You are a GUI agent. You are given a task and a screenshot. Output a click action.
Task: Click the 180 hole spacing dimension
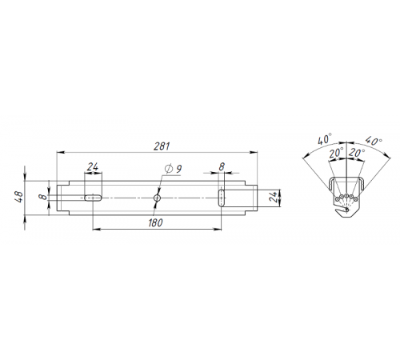pyautogui.click(x=157, y=223)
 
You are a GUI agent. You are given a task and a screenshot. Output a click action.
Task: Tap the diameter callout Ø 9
pyautogui.click(x=173, y=168)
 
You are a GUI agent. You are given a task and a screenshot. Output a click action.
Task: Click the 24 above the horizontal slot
pyautogui.click(x=92, y=168)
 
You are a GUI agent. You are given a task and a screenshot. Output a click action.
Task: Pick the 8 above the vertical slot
pyautogui.click(x=222, y=168)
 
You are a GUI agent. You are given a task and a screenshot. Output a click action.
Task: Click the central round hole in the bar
pyautogui.click(x=158, y=196)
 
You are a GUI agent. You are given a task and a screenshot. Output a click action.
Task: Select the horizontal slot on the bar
pyautogui.click(x=92, y=196)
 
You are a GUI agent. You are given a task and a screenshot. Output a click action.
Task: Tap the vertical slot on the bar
pyautogui.click(x=222, y=196)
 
